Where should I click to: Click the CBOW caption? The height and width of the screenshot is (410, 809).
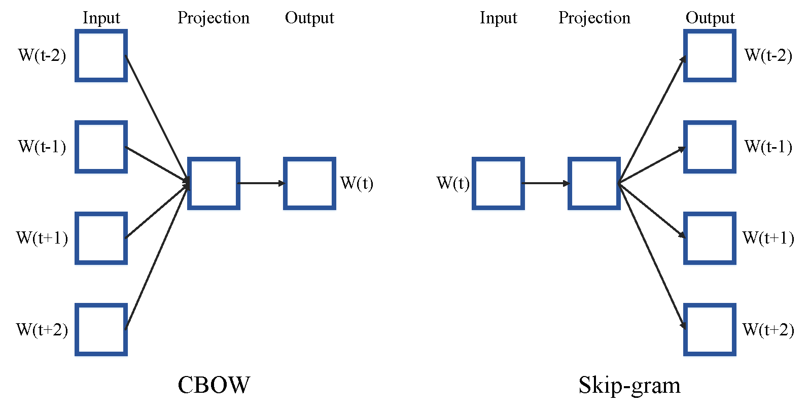(214, 385)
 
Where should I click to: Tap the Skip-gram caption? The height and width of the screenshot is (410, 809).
(629, 386)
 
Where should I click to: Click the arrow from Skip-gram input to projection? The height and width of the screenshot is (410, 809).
(546, 184)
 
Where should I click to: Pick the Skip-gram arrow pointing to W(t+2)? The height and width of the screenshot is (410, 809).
(652, 256)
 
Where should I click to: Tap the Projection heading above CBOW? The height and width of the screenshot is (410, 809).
(214, 18)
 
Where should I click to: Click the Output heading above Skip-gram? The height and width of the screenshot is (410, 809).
(710, 18)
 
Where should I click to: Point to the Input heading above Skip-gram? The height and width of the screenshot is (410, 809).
(499, 18)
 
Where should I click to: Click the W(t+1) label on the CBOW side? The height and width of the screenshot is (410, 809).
(42, 238)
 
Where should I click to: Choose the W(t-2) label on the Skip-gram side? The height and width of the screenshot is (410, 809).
(768, 55)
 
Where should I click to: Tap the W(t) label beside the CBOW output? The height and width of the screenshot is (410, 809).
(357, 183)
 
